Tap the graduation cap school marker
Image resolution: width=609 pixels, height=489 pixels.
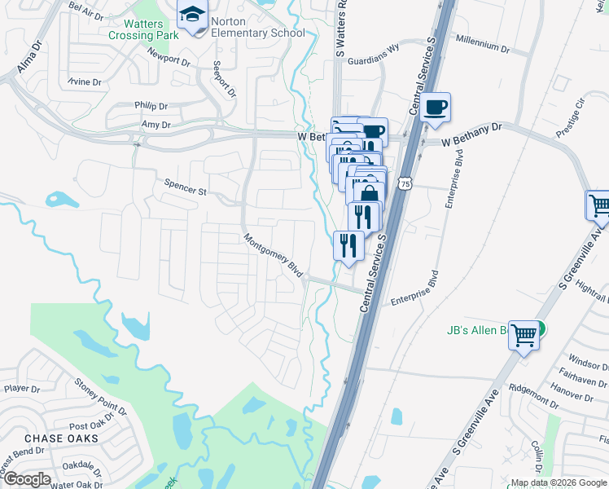[x=193, y=15]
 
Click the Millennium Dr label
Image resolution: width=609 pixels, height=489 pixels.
[x=482, y=44]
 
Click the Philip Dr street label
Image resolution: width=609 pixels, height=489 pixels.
[x=151, y=106]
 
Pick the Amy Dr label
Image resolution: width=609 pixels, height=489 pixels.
[x=156, y=125]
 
